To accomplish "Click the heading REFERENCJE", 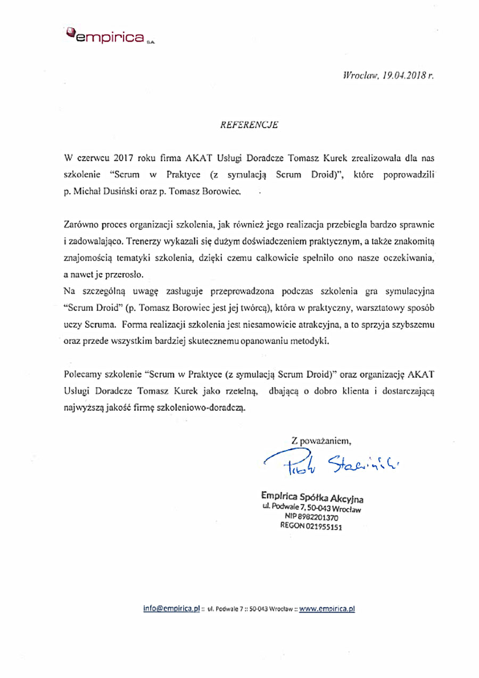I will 249,126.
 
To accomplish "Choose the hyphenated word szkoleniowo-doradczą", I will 205,408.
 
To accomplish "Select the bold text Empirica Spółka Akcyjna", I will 311,498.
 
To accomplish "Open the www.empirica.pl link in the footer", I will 327,608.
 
